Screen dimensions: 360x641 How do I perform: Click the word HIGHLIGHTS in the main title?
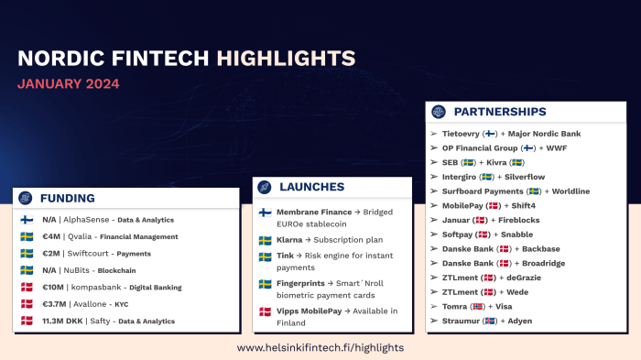click(x=287, y=59)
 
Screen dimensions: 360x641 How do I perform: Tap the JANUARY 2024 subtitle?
click(x=68, y=84)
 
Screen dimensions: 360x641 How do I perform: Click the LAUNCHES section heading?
click(x=311, y=187)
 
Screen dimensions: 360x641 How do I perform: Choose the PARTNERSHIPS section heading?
click(x=500, y=112)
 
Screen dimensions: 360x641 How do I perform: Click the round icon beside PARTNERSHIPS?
click(x=439, y=112)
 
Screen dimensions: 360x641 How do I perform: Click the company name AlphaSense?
click(x=88, y=220)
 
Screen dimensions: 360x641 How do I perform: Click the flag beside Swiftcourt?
click(x=27, y=254)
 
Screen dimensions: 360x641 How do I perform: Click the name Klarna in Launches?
click(x=291, y=240)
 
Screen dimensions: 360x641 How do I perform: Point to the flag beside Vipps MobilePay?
click(x=265, y=312)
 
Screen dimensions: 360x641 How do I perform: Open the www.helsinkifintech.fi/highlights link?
click(x=320, y=348)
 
